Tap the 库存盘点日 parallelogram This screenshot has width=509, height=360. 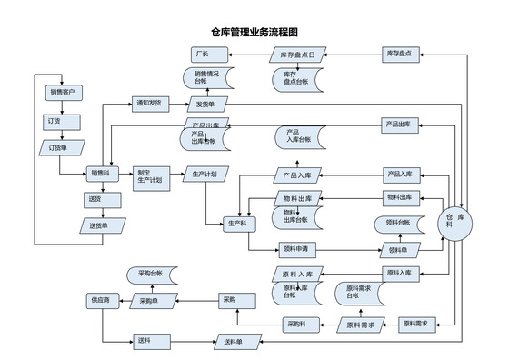click(297, 55)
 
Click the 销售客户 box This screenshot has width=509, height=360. click(63, 92)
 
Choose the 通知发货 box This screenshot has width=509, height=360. click(151, 104)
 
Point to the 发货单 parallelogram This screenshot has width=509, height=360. click(206, 105)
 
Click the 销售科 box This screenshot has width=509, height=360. click(100, 173)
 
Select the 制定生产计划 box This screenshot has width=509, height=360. click(149, 176)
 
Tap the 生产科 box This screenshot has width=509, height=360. click(239, 223)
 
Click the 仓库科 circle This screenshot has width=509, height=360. click(455, 223)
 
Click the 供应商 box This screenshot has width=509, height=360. click(100, 299)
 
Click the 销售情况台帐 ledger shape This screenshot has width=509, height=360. click(207, 78)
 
